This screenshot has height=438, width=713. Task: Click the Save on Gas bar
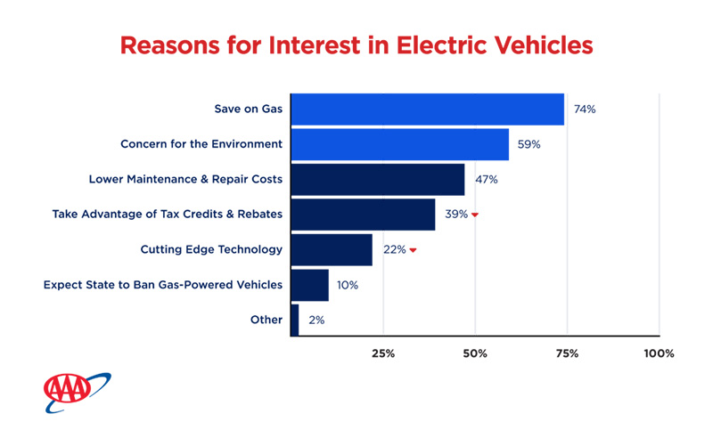(x=428, y=109)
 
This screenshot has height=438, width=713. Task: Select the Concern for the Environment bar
(x=399, y=144)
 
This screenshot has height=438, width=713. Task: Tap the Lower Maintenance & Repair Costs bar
(x=378, y=179)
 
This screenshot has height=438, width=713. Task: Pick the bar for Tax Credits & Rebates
(x=363, y=215)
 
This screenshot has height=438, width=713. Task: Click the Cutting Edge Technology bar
(x=332, y=249)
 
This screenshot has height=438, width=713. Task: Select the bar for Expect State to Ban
(x=310, y=285)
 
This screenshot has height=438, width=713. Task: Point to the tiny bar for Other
(x=295, y=320)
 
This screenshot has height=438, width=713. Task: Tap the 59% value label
(x=529, y=144)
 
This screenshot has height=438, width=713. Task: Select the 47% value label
(x=486, y=180)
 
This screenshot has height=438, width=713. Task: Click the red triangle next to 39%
(x=475, y=215)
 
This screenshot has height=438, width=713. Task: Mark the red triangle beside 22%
(x=413, y=251)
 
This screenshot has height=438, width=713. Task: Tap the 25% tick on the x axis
(x=383, y=353)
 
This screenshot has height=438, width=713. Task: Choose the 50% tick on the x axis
(x=475, y=353)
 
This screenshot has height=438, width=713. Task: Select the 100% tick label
(x=659, y=353)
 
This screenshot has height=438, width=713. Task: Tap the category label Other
(x=266, y=320)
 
